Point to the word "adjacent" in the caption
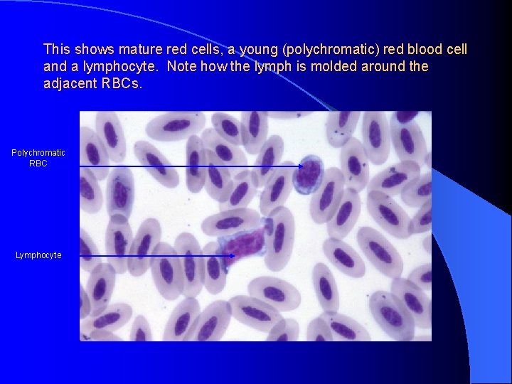(70, 84)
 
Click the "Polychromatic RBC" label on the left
(38, 158)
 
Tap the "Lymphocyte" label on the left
(38, 255)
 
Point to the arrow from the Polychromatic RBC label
(185, 166)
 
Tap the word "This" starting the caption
(57, 50)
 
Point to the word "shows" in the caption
(92, 50)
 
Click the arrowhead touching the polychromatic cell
(300, 166)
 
